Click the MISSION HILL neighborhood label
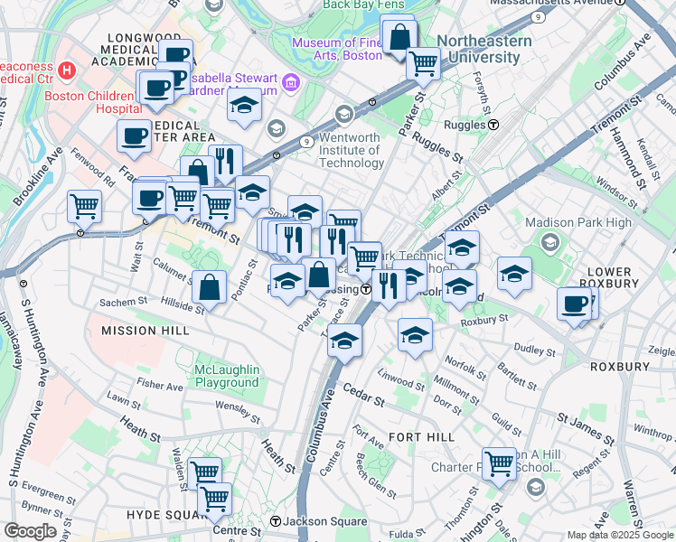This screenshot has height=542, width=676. [x=146, y=331]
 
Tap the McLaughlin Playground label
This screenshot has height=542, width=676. [x=227, y=376]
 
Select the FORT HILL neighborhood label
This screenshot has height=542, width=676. [x=414, y=436]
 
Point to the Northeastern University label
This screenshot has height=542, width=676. [x=478, y=49]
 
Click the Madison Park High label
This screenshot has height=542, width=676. [x=588, y=222]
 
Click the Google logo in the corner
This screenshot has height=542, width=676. [x=30, y=530]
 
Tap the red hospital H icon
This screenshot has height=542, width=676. [x=66, y=70]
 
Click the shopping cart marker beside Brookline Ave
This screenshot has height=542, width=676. [x=84, y=206]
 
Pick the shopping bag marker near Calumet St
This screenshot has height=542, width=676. [x=209, y=288]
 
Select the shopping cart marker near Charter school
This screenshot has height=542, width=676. [x=498, y=463]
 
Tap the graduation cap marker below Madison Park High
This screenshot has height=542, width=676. [x=514, y=275]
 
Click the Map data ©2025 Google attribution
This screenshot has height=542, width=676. [x=619, y=535]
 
